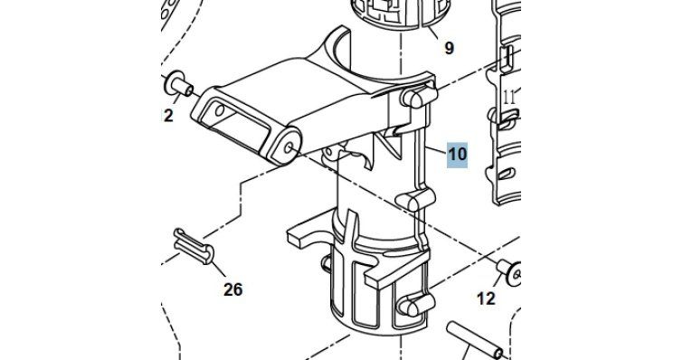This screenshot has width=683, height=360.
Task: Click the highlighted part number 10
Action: (x=458, y=155)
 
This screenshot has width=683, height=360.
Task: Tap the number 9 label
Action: (x=449, y=48)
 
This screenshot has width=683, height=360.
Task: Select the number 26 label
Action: (x=233, y=289)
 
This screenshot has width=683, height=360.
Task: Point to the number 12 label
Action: (x=486, y=298)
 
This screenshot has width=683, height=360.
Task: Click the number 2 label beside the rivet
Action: (x=167, y=116)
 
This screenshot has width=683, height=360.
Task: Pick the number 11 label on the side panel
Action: (x=509, y=98)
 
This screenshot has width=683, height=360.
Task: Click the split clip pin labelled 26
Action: (x=194, y=246)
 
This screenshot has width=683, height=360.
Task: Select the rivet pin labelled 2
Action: (x=177, y=85)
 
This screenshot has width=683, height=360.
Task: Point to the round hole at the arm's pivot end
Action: (x=288, y=148)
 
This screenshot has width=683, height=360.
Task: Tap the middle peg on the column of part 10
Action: (x=415, y=199)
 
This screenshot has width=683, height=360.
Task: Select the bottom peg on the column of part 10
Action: (x=417, y=304)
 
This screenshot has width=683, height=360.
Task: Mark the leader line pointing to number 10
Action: (x=436, y=149)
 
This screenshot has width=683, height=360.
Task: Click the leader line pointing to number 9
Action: (x=433, y=33)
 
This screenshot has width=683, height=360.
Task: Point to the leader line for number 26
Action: (x=219, y=269)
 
